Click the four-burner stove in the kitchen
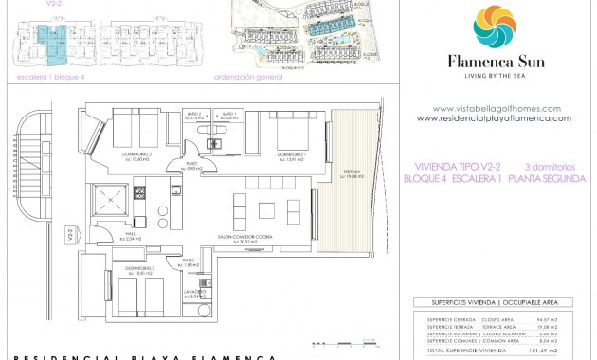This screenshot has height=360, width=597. coord(138,193)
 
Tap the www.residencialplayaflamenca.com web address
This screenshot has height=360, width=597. coord(494,118)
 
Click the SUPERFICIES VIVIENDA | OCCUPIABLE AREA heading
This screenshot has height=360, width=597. coord(494,304)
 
